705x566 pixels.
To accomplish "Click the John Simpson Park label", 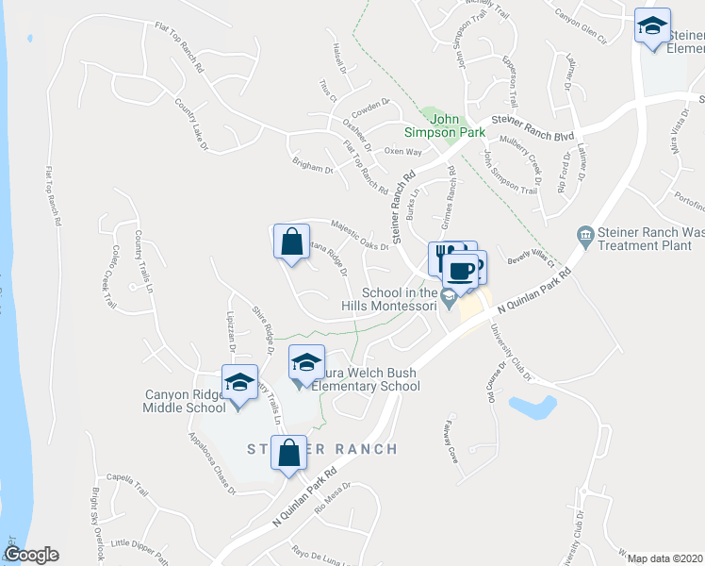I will pos(457,125).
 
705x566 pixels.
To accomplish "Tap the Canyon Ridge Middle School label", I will pos(185,401).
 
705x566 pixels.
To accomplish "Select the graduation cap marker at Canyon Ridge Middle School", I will pos(239,383).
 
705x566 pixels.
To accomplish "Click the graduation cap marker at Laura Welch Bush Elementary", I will pos(306,363).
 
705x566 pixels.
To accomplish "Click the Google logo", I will pos(31,555).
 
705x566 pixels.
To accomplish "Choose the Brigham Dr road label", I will pos(313,166).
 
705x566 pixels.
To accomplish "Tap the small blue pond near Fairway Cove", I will pos(531,407).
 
